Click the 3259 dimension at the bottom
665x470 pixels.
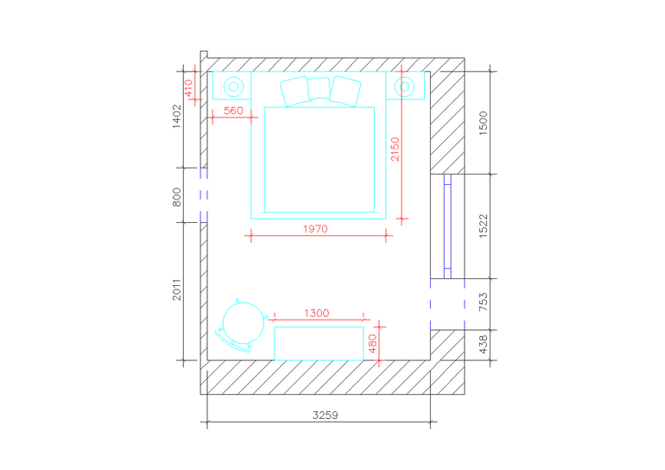(326, 415)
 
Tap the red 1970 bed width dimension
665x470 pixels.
(315, 229)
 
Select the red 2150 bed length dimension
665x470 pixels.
(396, 149)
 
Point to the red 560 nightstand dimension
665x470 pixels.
(233, 111)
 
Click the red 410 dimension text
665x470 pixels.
(189, 88)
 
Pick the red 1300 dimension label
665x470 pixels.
(316, 314)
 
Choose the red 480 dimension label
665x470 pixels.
(373, 344)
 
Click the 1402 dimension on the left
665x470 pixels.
(177, 117)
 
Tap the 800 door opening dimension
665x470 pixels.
(177, 197)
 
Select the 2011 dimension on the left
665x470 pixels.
(177, 289)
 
